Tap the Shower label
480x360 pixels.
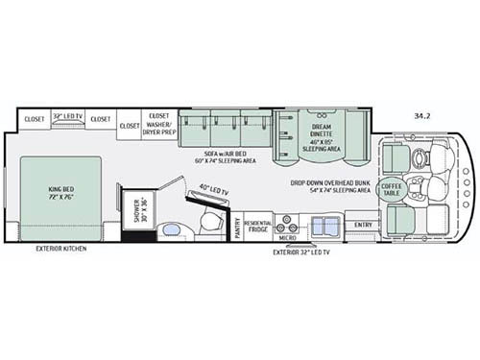137,212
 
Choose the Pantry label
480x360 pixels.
237,228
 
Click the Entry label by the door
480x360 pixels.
364,226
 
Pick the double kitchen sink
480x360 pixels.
324,227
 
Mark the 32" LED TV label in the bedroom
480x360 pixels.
68,112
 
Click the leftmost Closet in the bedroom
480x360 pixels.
35,120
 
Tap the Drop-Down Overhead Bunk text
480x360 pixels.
331,185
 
